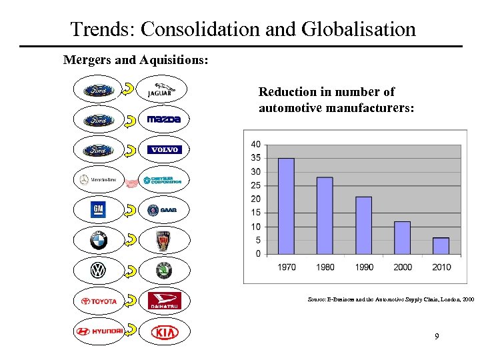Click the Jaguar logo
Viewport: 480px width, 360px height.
(163, 89)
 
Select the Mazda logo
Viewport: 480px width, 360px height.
(163, 119)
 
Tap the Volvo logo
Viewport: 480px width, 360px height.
(163, 149)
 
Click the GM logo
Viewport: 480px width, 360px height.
(99, 210)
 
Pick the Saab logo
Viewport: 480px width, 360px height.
(163, 210)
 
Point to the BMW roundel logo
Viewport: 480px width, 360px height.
(99, 240)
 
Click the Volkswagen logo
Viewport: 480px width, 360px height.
(99, 270)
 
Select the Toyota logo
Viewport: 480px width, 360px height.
(99, 301)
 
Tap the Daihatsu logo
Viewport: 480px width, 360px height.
(163, 301)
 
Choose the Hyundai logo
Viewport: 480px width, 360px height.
(99, 331)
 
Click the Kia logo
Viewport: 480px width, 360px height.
(163, 331)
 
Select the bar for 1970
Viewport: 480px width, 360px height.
(286, 206)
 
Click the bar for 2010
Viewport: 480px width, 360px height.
(441, 245)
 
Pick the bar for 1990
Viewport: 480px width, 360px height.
(363, 225)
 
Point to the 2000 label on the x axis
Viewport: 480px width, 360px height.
(402, 267)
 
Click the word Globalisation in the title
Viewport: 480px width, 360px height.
(359, 29)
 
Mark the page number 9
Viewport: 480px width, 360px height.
(437, 337)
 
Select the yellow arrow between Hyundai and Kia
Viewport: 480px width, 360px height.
(131, 330)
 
